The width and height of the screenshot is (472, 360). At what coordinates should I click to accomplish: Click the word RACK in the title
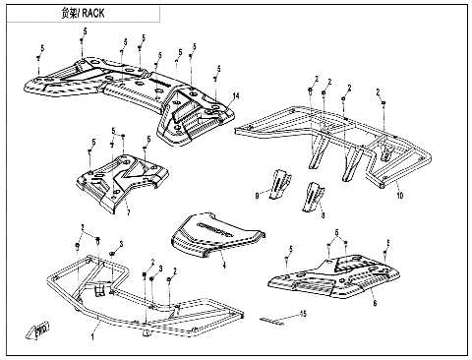[x=93, y=14]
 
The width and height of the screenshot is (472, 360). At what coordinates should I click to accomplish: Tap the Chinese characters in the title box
[x=69, y=14]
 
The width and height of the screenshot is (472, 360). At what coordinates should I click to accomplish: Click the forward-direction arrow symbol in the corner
[x=37, y=330]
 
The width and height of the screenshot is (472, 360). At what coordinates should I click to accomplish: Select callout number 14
[x=236, y=95]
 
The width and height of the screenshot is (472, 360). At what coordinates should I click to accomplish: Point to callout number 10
[x=400, y=196]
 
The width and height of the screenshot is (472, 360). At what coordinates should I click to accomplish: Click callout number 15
[x=304, y=314]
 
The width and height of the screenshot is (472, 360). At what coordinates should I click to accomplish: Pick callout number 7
[x=129, y=212]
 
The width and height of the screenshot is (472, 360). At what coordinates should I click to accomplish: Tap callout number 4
[x=224, y=265]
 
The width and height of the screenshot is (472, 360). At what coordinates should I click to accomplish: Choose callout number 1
[x=92, y=336]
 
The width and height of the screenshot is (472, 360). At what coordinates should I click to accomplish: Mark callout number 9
[x=257, y=196]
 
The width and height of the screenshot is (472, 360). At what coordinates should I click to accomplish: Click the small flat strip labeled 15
[x=271, y=321]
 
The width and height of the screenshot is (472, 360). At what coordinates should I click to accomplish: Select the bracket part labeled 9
[x=280, y=184]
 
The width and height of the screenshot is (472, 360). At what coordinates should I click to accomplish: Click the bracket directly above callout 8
[x=314, y=196]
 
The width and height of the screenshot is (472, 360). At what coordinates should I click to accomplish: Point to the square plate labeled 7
[x=122, y=184]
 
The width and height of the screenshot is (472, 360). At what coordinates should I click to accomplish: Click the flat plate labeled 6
[x=334, y=277]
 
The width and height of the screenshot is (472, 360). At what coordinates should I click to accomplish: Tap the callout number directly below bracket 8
[x=323, y=215]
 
